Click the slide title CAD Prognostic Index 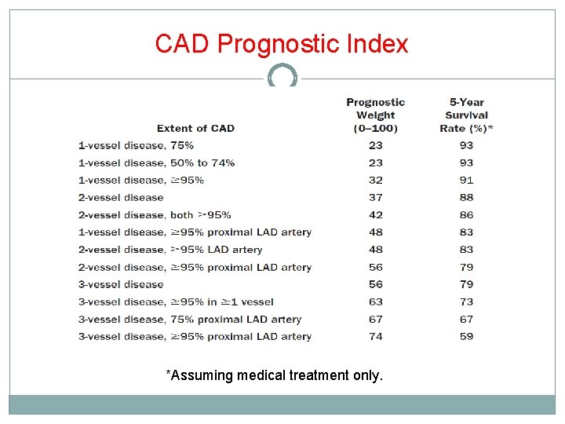(x=282, y=43)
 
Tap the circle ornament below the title (x=282, y=77)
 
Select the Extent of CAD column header (x=195, y=128)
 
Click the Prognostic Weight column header (x=376, y=115)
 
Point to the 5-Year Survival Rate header (x=467, y=115)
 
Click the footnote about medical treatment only (x=275, y=375)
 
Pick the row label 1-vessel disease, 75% (x=136, y=145)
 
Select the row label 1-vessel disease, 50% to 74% (x=156, y=163)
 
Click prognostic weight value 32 (x=376, y=180)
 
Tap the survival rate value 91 (x=467, y=180)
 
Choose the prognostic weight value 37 (x=376, y=197)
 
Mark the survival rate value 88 (x=467, y=197)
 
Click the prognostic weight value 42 (x=376, y=214)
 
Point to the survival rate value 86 (x=467, y=214)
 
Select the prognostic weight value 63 (x=376, y=302)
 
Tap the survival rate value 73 (x=467, y=302)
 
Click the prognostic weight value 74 (x=376, y=336)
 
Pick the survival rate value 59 (x=467, y=336)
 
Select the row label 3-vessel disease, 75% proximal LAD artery (x=190, y=319)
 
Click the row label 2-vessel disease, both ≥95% (x=155, y=214)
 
